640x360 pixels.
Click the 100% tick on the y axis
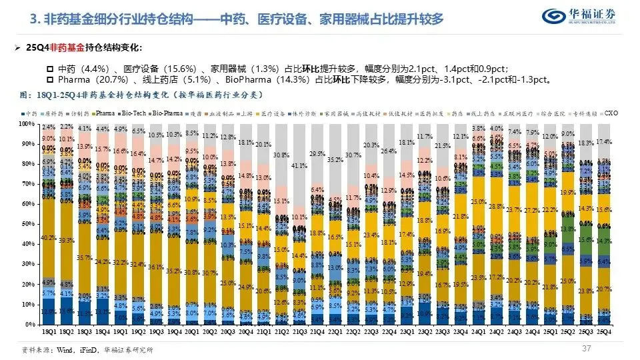(25, 124)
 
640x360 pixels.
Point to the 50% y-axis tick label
(26, 224)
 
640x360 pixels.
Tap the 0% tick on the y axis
(28, 324)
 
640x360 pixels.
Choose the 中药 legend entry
(31, 114)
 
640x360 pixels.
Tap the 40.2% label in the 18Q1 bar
(48, 237)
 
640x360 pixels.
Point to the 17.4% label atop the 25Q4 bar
(605, 143)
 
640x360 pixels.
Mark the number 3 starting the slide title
(33, 19)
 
